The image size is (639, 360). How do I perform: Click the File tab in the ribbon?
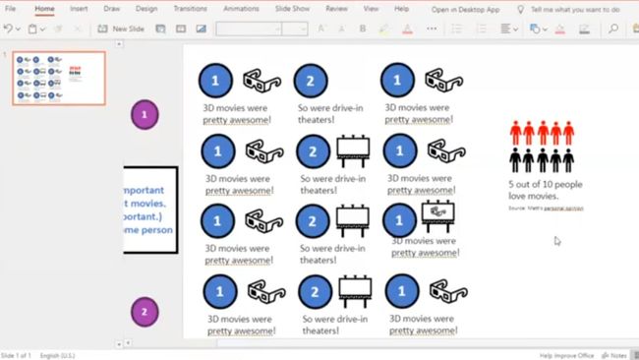click(11, 9)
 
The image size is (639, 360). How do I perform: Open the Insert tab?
click(79, 9)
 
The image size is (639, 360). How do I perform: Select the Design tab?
click(146, 9)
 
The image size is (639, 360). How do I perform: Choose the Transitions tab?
click(190, 9)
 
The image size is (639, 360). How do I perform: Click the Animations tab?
click(241, 9)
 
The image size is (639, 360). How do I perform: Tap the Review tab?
click(336, 9)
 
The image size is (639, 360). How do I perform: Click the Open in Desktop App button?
click(466, 9)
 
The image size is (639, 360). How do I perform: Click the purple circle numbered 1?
click(145, 115)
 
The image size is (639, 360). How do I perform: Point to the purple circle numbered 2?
click(145, 313)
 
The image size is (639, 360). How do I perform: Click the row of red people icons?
click(541, 133)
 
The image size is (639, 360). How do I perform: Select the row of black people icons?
click(541, 158)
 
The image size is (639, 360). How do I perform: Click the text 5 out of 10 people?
click(545, 185)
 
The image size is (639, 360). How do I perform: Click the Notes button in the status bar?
click(619, 354)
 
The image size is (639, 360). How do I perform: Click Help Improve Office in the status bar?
click(566, 354)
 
